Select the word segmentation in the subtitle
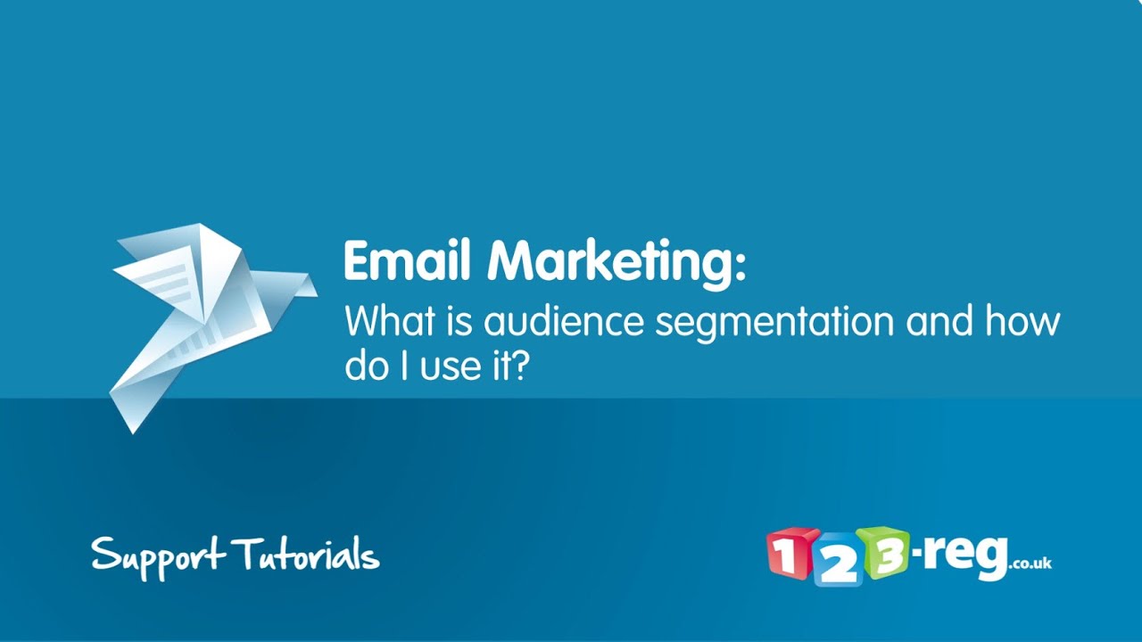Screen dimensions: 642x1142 [774, 321]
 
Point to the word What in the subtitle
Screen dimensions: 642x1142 [386, 321]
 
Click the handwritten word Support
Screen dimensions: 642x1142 [158, 556]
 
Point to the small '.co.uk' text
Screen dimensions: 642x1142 [1030, 564]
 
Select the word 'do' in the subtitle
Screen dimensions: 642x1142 [367, 367]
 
